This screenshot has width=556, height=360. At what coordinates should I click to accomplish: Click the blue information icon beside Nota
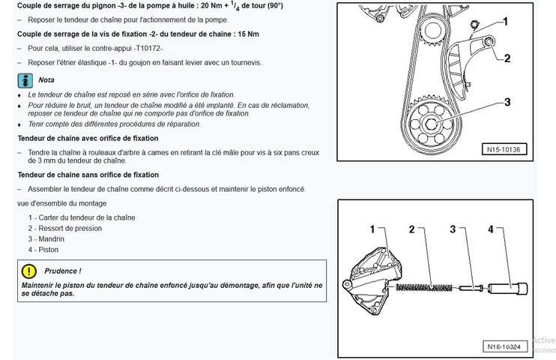coord(25,80)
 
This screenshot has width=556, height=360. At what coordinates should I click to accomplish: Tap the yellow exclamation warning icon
coord(28,271)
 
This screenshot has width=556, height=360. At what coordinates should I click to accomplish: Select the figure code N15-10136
coord(504,149)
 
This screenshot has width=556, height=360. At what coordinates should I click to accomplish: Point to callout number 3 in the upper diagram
coord(507,102)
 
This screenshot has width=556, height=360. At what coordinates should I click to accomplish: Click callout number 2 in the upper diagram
coord(507,58)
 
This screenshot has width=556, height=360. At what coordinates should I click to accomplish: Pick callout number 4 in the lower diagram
coord(490,229)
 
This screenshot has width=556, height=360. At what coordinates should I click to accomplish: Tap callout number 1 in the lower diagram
coord(372,229)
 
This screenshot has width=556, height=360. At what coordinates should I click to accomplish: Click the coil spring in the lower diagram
coord(424,287)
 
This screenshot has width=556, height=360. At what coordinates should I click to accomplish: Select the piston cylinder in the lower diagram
coord(508,288)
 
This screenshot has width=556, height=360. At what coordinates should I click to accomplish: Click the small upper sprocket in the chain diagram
coord(432,32)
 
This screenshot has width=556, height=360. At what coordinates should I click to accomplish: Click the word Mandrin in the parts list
coord(52,239)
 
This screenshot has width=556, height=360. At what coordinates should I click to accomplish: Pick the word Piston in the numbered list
coord(48,250)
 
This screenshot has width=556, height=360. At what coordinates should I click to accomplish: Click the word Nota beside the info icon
coord(46,80)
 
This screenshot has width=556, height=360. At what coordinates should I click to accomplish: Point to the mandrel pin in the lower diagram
coord(471,288)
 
